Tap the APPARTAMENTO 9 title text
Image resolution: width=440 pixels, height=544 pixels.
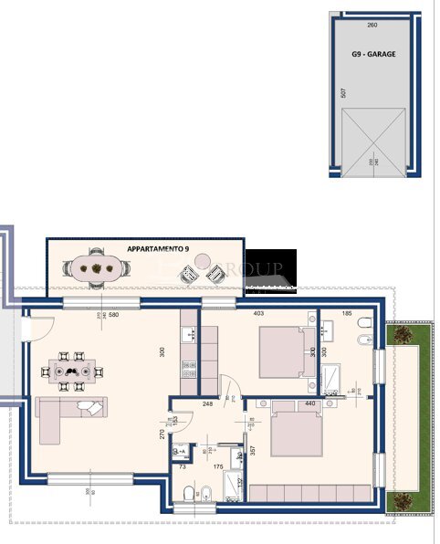[x=158, y=248]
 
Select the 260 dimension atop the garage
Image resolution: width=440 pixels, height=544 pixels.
[x=372, y=26]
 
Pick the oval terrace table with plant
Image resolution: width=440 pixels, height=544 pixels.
[x=94, y=268]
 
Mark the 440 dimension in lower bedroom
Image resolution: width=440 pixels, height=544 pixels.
[x=309, y=403]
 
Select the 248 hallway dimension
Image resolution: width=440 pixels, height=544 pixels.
[x=207, y=403]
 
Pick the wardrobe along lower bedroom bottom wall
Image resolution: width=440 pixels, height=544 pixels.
[x=310, y=494]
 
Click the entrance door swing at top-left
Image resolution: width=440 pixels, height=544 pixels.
[x=41, y=324]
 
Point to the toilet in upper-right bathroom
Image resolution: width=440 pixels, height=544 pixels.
[x=363, y=324]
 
